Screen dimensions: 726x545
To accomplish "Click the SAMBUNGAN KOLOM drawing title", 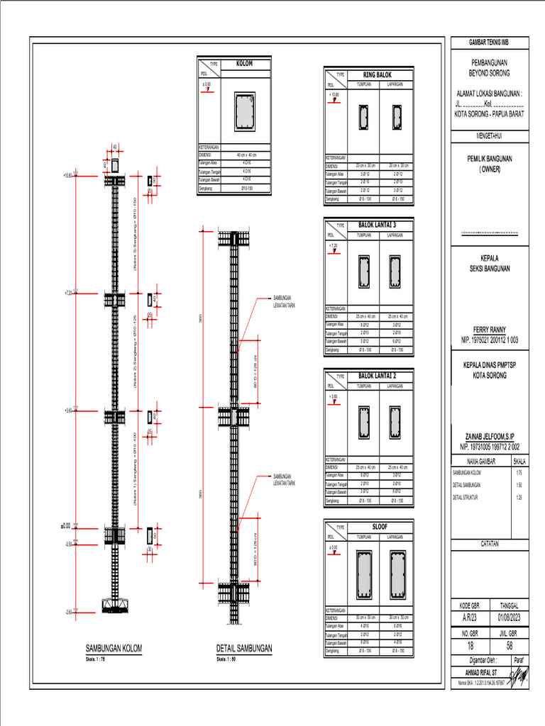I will (x=115, y=648).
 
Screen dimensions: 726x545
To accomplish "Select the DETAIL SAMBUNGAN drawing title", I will (x=244, y=648).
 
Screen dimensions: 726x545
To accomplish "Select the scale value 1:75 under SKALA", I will (x=519, y=472).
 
